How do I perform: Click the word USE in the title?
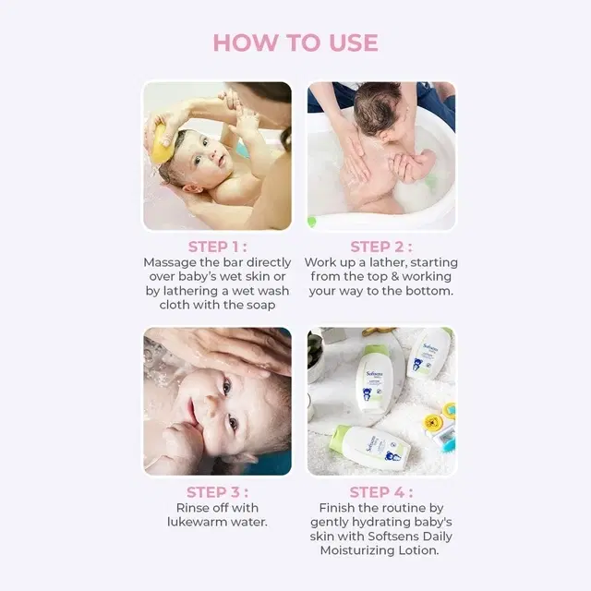(354, 42)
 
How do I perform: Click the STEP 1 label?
(218, 247)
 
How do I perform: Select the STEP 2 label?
(381, 247)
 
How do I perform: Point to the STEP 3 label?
(218, 492)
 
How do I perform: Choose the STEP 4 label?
(381, 492)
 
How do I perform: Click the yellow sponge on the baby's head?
(162, 144)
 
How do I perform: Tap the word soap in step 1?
(260, 306)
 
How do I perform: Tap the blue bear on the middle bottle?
(368, 394)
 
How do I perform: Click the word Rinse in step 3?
(191, 508)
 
